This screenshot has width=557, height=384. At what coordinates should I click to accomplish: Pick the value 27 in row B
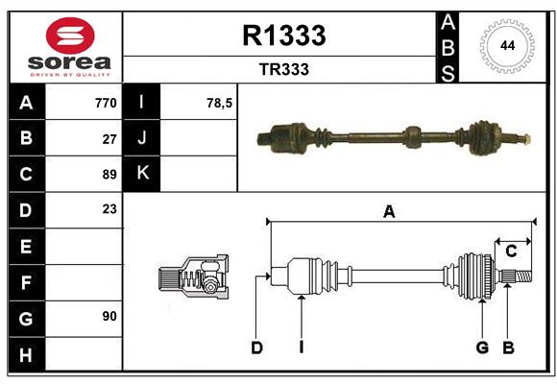[109, 138]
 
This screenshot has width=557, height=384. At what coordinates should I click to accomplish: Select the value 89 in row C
[109, 175]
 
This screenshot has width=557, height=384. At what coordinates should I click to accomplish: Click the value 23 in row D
[109, 209]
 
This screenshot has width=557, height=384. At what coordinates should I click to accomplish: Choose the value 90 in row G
[109, 316]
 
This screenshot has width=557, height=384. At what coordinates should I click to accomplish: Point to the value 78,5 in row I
[220, 103]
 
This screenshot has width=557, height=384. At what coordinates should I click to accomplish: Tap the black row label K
[143, 174]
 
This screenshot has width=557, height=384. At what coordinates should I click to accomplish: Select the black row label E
[26, 247]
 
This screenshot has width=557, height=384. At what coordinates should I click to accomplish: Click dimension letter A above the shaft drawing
[389, 212]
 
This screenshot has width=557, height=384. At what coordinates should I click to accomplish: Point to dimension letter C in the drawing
[511, 252]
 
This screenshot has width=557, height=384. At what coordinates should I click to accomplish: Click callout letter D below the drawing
[256, 348]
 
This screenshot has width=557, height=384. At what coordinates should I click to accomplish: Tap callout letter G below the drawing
[482, 348]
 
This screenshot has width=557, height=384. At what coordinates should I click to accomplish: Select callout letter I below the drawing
[301, 348]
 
